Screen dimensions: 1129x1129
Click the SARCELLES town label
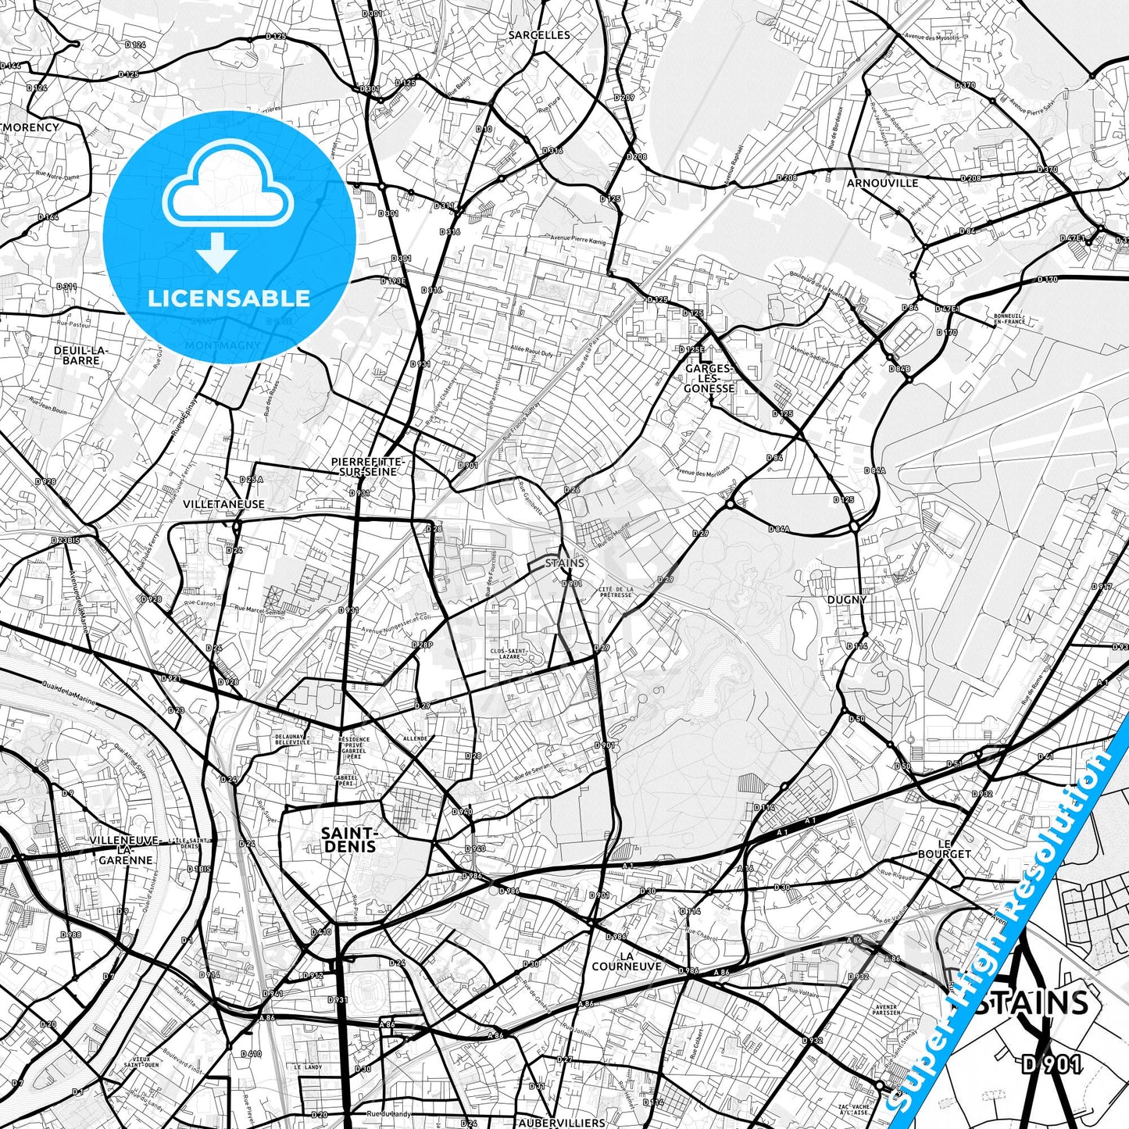click(538, 35)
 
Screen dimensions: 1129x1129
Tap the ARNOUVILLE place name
click(882, 183)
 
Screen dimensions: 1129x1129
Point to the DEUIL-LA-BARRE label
click(81, 355)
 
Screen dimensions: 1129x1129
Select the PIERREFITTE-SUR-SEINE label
click(363, 466)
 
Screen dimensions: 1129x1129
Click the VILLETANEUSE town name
click(223, 505)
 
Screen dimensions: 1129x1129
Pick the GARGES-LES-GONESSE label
click(709, 378)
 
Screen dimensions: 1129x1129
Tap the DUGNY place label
click(847, 599)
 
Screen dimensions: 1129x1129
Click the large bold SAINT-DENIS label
click(348, 840)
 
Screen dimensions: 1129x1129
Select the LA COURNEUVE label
click(627, 961)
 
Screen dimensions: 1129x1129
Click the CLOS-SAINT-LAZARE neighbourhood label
click(509, 653)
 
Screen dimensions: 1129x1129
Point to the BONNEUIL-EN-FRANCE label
click(1009, 319)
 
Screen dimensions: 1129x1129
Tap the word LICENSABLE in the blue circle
click(229, 298)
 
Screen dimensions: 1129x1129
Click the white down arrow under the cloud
click(217, 252)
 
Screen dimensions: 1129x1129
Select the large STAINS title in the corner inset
click(1031, 1002)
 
